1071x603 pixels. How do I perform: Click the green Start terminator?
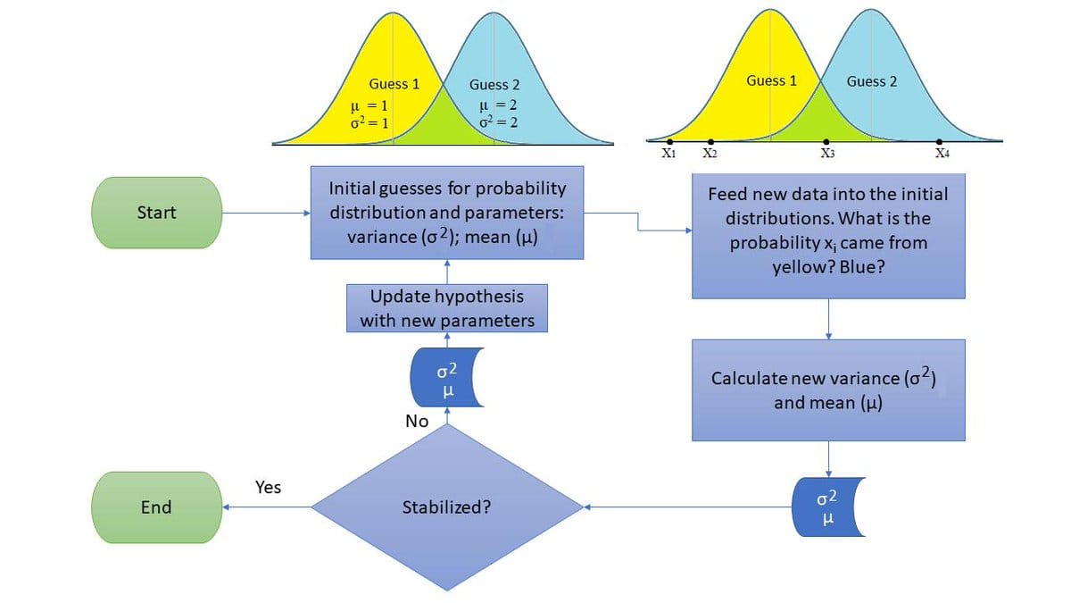pos(156,213)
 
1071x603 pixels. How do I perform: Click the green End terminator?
pos(156,507)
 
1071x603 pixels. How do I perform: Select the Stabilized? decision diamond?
pos(446,507)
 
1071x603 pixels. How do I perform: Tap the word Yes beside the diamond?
pos(268,487)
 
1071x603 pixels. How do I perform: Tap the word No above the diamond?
pos(417,421)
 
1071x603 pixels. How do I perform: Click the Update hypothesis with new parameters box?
pos(446,308)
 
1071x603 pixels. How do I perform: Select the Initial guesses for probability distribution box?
pos(446,213)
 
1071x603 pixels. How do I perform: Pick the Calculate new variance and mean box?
pos(828,389)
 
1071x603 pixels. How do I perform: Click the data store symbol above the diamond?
pos(446,377)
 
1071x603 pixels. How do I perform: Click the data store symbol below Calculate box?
pos(828,507)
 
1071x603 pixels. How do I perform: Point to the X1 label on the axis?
pos(668,154)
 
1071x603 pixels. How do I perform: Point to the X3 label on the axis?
pos(827,154)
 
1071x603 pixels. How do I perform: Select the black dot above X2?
pos(710,142)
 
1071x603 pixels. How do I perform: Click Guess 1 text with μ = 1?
pos(394,84)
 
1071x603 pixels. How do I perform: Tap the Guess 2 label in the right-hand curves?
pos(872,81)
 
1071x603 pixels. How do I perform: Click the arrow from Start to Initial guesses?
pos(265,213)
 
